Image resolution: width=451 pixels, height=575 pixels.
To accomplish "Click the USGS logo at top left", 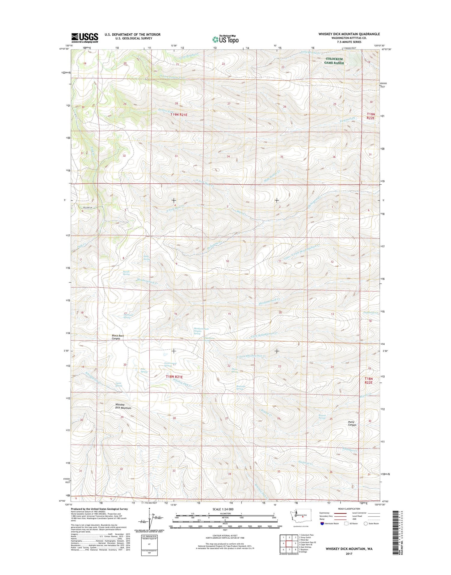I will click(x=84, y=38).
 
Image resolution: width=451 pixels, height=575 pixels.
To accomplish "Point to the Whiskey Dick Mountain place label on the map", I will click(x=123, y=406).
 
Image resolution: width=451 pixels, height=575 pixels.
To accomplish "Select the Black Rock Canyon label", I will click(x=118, y=337).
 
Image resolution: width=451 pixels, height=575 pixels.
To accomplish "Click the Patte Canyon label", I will click(x=352, y=423).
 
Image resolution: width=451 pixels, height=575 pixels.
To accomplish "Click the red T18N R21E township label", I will click(x=174, y=377).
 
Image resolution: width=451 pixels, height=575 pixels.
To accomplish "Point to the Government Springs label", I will click(x=170, y=364).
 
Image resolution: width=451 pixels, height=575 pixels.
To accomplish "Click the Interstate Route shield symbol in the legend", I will click(x=322, y=523).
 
